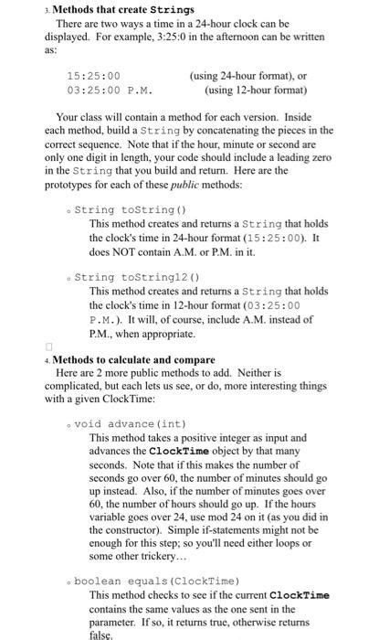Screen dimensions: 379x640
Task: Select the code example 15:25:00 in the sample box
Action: click(x=94, y=76)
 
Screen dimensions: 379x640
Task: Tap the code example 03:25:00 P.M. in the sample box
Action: click(x=109, y=91)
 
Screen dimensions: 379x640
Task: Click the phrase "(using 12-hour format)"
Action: click(x=252, y=91)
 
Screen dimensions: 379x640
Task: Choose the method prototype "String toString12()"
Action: click(x=132, y=277)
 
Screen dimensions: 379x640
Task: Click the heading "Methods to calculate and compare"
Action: click(x=121, y=359)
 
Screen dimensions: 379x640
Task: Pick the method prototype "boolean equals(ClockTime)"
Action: click(x=156, y=581)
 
